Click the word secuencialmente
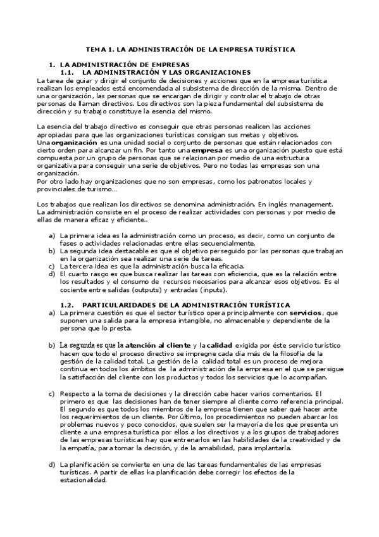click(x=224, y=244)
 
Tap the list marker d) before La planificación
click(x=52, y=464)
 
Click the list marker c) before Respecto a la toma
click(x=52, y=394)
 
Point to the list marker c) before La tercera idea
click(x=52, y=267)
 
